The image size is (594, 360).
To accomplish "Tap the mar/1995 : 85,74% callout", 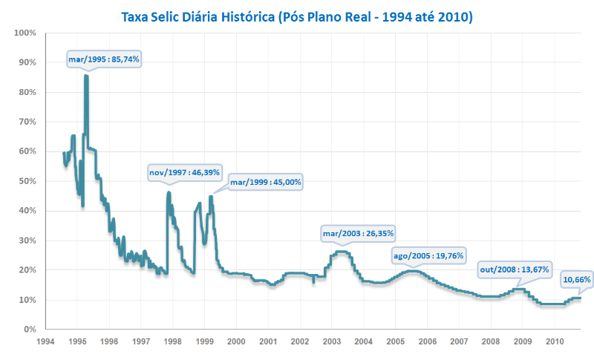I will [x=104, y=57].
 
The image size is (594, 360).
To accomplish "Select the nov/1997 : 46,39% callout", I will [x=185, y=172].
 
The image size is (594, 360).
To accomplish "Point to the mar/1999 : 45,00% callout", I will [x=265, y=181].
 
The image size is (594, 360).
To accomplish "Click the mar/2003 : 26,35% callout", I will [x=358, y=233].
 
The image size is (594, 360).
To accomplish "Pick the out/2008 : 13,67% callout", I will [x=515, y=269].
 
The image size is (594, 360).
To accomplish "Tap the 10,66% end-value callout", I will [x=576, y=279].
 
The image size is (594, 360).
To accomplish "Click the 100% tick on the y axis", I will [x=25, y=33].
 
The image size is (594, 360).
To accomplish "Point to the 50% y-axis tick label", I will [x=27, y=181].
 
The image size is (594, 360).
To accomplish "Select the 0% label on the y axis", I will [x=30, y=329].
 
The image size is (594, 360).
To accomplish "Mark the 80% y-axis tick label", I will [x=27, y=92].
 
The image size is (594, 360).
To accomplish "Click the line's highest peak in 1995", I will [x=86, y=75].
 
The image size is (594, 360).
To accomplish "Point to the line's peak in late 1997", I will [x=169, y=192].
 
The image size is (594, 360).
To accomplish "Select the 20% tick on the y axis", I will [x=27, y=270].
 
